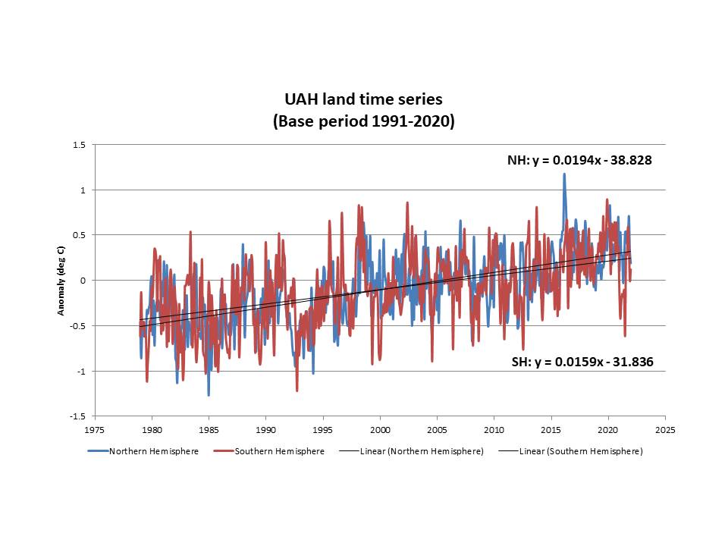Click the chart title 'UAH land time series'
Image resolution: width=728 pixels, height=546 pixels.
click(363, 99)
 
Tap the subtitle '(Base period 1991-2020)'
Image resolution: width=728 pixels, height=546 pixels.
click(363, 121)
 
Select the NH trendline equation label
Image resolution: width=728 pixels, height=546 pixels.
click(579, 161)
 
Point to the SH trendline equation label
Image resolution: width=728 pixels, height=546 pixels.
click(582, 362)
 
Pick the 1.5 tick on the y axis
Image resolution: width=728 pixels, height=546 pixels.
click(80, 144)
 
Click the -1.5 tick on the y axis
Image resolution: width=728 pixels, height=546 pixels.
click(78, 416)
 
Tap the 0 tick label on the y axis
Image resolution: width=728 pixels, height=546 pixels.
click(83, 281)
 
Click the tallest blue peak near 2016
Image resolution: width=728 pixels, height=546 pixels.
click(564, 174)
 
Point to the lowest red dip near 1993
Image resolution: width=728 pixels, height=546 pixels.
click(297, 391)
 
